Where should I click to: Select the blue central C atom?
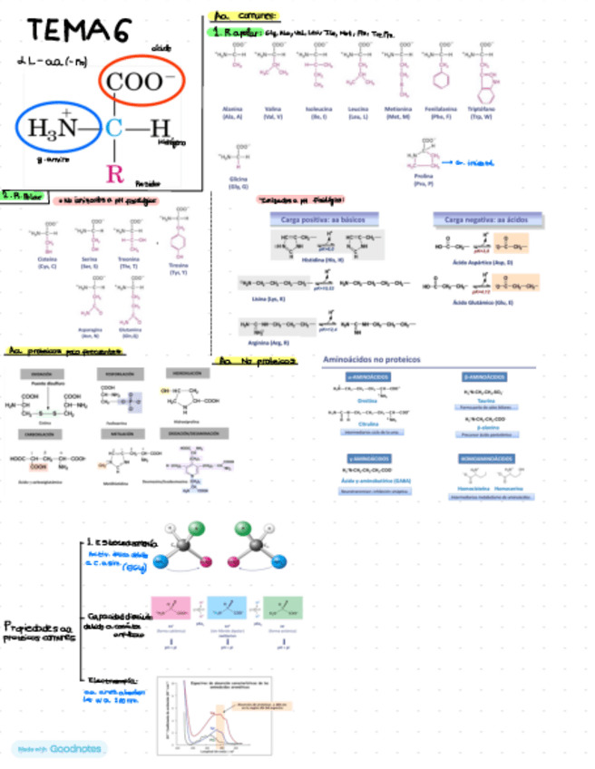(112, 128)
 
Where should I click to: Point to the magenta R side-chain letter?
(113, 172)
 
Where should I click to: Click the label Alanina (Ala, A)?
(232, 112)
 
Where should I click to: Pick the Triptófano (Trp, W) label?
(490, 112)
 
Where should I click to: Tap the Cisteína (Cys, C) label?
(47, 261)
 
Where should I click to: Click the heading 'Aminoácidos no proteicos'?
(372, 359)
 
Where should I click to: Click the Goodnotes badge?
(60, 748)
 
